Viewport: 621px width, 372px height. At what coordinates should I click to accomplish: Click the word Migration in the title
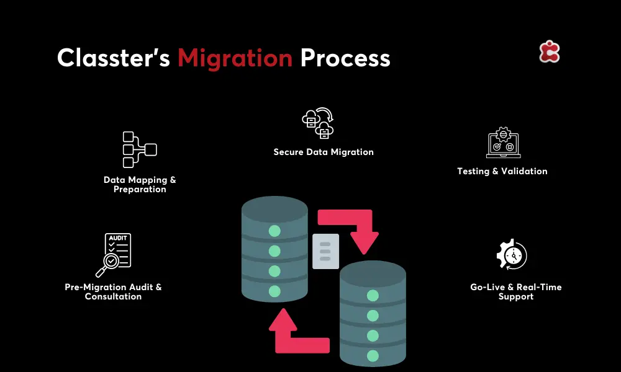[x=235, y=58]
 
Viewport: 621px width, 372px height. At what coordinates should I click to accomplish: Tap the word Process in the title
[x=345, y=58]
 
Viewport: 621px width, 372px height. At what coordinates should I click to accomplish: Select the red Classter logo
[x=550, y=52]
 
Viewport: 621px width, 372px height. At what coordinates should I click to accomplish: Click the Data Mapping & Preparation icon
[x=139, y=149]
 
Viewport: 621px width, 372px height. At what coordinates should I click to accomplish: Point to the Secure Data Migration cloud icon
[x=318, y=123]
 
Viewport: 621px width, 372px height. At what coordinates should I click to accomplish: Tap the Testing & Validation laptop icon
[x=502, y=143]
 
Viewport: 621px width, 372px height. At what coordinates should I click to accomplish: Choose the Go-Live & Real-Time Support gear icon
[x=512, y=255]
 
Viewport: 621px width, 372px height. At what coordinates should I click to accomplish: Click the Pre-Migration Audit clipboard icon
[x=114, y=254]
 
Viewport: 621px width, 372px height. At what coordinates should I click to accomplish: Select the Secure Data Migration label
[x=324, y=152]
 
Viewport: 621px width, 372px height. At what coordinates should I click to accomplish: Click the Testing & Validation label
[x=502, y=171]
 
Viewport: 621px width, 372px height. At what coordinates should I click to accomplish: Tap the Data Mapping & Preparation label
[x=140, y=185]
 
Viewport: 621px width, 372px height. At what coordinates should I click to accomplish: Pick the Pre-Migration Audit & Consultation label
[x=113, y=292]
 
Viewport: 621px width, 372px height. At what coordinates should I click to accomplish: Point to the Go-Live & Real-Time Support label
[x=515, y=292]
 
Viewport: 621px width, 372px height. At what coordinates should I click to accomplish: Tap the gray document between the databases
[x=325, y=251]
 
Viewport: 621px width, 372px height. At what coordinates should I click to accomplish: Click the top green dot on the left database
[x=274, y=231]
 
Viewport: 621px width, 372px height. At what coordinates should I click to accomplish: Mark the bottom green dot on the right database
[x=373, y=355]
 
